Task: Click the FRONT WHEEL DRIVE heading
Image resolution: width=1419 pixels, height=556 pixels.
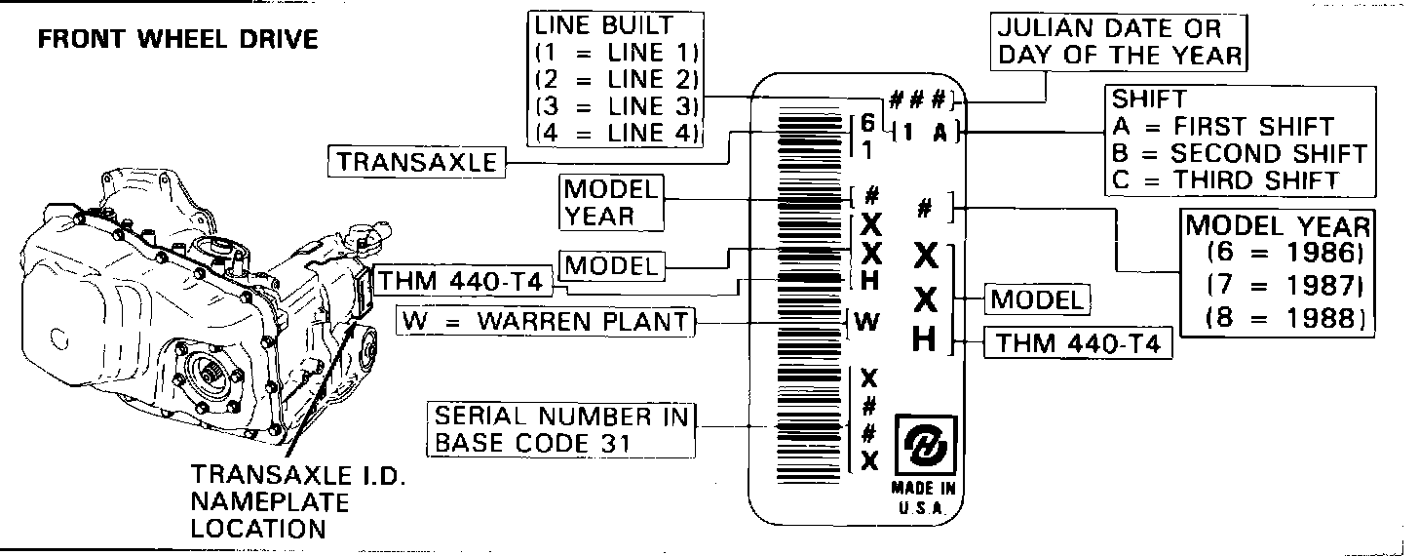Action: (177, 39)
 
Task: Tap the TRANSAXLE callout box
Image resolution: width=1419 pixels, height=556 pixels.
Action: (416, 161)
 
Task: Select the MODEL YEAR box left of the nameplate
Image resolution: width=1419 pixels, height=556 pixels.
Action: (610, 202)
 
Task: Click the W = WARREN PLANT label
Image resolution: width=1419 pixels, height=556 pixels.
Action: (548, 321)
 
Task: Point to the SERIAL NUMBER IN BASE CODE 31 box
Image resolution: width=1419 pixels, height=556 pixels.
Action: (561, 429)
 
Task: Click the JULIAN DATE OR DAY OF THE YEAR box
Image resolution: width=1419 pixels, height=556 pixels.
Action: (1121, 42)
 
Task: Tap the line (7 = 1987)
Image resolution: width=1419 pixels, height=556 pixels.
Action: (1283, 287)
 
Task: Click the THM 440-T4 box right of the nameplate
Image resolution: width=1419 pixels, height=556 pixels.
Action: (1078, 343)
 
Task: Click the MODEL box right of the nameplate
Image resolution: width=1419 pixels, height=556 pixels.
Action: (1037, 299)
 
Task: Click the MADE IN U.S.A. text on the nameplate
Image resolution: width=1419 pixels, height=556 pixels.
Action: (923, 496)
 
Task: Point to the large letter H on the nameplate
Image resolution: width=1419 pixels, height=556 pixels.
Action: (926, 339)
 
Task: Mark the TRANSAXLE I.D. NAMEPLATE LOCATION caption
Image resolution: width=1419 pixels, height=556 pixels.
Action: (270, 502)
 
